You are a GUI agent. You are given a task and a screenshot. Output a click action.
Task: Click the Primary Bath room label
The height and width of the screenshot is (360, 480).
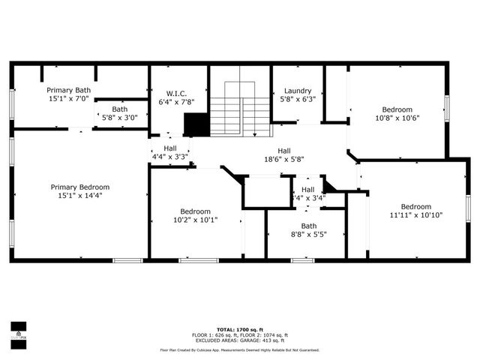tap(69, 89)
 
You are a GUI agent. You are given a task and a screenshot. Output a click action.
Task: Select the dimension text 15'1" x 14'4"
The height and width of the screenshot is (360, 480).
tap(80, 196)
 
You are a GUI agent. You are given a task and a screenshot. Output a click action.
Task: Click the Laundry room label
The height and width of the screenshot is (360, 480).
tap(298, 90)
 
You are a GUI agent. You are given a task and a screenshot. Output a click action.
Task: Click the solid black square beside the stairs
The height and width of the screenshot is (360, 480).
tap(196, 124)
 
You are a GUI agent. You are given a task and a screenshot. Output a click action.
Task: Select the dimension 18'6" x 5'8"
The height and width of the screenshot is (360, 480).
tap(284, 158)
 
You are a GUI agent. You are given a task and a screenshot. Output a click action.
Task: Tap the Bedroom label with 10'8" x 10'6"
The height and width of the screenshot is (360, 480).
tap(397, 108)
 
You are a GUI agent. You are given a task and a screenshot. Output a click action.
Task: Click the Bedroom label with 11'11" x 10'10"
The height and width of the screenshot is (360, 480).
tap(415, 206)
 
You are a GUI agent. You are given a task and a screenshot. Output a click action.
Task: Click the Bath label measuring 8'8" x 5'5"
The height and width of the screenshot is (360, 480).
tap(309, 225)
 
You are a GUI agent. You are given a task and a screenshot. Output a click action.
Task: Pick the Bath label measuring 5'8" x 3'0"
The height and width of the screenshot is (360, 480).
tap(120, 109)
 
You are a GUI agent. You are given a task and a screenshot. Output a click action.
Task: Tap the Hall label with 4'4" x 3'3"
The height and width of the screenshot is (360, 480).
tap(170, 148)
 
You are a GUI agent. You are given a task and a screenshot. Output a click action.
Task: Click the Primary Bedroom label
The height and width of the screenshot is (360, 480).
tap(80, 187)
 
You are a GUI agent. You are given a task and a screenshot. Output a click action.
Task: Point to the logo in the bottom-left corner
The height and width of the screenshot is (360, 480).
tap(17, 331)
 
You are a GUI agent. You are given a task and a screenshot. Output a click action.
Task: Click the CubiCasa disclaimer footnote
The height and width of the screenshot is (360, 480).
tap(239, 349)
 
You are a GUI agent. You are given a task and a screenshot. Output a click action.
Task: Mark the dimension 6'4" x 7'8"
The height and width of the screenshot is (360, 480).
tap(176, 101)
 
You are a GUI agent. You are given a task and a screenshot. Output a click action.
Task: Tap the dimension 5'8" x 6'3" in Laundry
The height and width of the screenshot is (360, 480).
tap(298, 98)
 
